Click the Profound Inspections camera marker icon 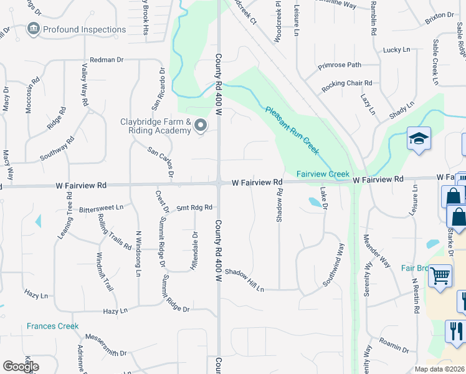pyautogui.click(x=33, y=29)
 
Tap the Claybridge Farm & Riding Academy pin pyautogui.click(x=201, y=127)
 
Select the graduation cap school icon pyautogui.click(x=419, y=140)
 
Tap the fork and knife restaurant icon pyautogui.click(x=455, y=330)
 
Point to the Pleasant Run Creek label pyautogui.click(x=292, y=129)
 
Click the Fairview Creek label pyautogui.click(x=323, y=174)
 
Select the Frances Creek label pyautogui.click(x=52, y=326)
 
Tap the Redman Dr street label pyautogui.click(x=107, y=59)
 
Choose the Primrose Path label pyautogui.click(x=340, y=65)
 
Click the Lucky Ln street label pyautogui.click(x=397, y=49)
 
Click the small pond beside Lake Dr pyautogui.click(x=315, y=202)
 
